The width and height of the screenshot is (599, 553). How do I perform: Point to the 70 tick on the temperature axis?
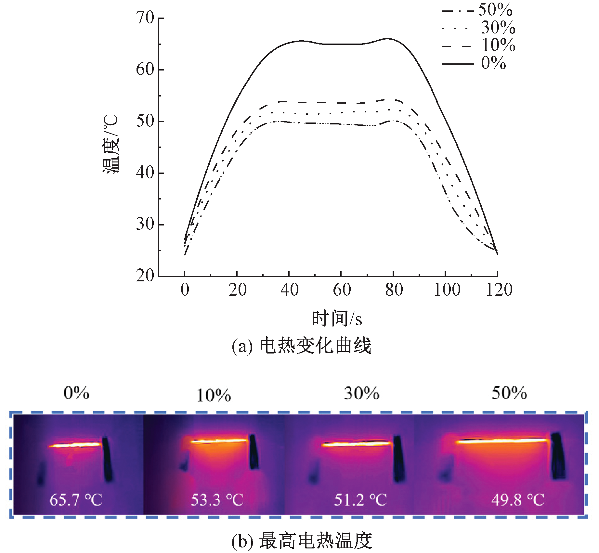145,18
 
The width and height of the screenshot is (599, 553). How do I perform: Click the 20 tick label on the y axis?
145,276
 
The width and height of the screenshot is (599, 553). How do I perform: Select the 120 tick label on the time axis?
499,290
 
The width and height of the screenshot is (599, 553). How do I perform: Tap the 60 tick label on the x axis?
342,290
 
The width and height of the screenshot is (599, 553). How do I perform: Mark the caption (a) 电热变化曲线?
301,346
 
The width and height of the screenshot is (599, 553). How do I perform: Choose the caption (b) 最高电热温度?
301,541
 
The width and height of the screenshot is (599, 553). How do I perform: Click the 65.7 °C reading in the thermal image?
76,500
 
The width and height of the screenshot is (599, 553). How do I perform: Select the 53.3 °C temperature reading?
217,500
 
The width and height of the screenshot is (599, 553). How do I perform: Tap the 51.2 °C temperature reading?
360,500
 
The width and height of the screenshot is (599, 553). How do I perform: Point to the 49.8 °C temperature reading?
517,500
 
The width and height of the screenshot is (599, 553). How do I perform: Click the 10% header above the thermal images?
214,395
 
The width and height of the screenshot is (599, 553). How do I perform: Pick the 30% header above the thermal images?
361,393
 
